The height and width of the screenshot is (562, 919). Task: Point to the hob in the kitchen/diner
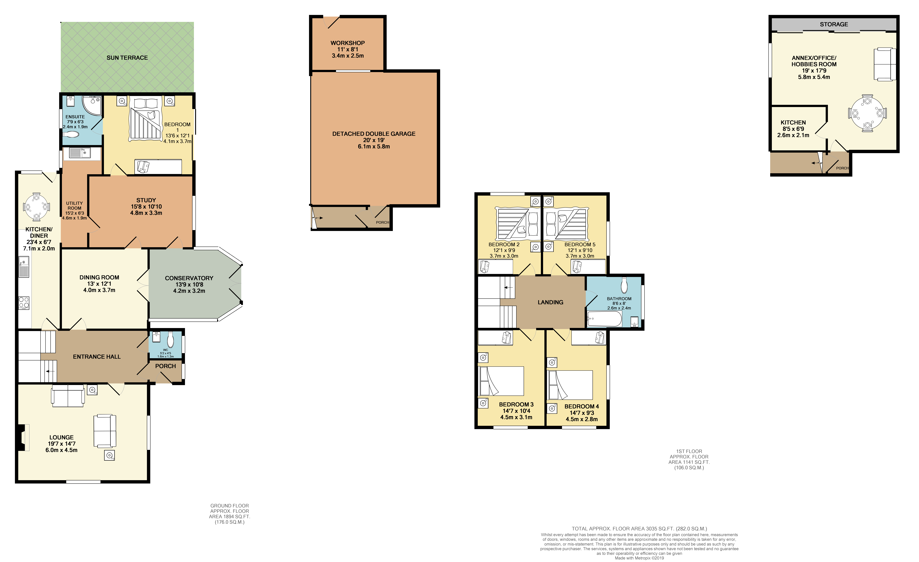pos(24,303)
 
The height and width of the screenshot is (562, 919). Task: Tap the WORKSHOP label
pos(347,43)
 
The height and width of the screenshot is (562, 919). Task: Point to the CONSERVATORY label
pos(189,278)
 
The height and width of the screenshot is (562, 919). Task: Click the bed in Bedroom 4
pos(570,385)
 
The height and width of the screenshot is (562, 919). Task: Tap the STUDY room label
pos(146,200)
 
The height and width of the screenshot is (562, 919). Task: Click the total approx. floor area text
pos(639,528)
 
